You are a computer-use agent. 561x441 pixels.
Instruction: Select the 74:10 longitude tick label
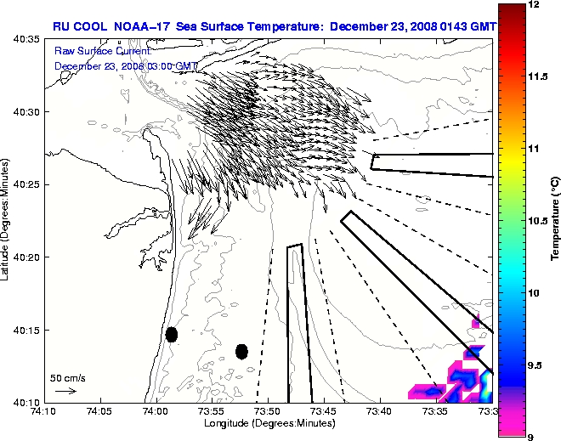(x=43, y=410)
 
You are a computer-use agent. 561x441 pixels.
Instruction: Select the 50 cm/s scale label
(x=67, y=377)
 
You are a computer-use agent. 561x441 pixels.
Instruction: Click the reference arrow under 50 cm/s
(x=65, y=391)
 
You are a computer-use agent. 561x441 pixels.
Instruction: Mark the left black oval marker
(x=171, y=335)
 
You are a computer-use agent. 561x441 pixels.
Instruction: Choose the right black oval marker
(x=241, y=351)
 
